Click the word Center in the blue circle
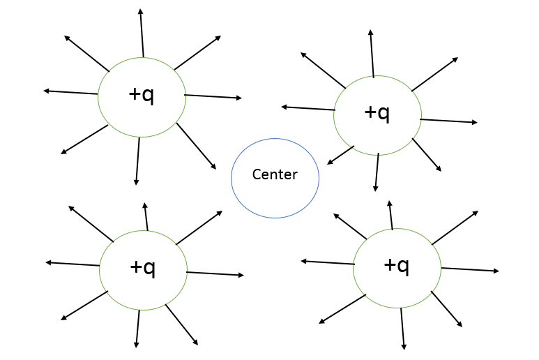275,174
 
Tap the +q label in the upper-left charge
142,95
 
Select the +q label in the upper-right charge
377,112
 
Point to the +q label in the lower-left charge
143,267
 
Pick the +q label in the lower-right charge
397,265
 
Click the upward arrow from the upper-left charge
142,33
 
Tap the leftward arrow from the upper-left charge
70,92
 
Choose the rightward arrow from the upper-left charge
213,96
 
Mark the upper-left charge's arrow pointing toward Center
196,146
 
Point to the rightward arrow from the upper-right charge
448,121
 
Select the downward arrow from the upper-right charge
377,172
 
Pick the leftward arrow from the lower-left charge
73,264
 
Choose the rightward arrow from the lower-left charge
215,273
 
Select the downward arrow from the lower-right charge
402,329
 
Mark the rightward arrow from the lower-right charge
470,269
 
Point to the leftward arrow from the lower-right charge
327,262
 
